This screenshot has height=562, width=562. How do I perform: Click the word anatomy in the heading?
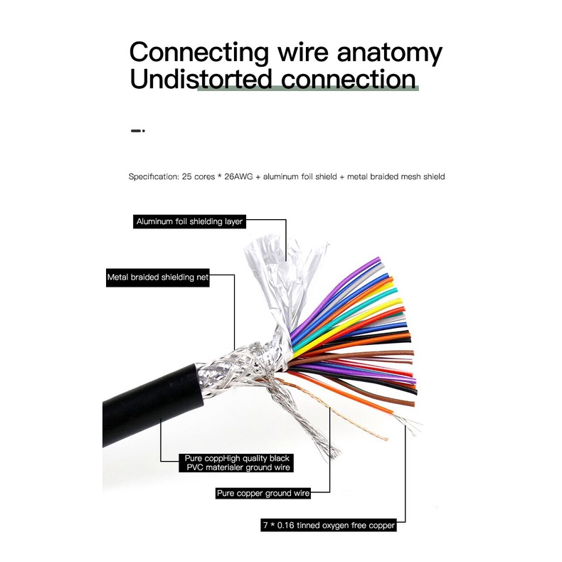(388, 53)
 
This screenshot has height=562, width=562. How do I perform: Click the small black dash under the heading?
(138, 131)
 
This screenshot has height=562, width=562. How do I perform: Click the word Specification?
(152, 176)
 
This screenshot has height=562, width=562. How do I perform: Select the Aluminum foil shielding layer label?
(190, 221)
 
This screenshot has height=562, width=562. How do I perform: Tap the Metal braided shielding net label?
(158, 278)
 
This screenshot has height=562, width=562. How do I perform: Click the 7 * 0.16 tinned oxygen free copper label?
(327, 526)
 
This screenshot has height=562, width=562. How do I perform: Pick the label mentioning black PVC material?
(235, 462)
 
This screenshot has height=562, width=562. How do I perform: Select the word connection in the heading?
(344, 79)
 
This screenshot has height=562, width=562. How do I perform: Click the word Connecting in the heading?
(199, 53)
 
